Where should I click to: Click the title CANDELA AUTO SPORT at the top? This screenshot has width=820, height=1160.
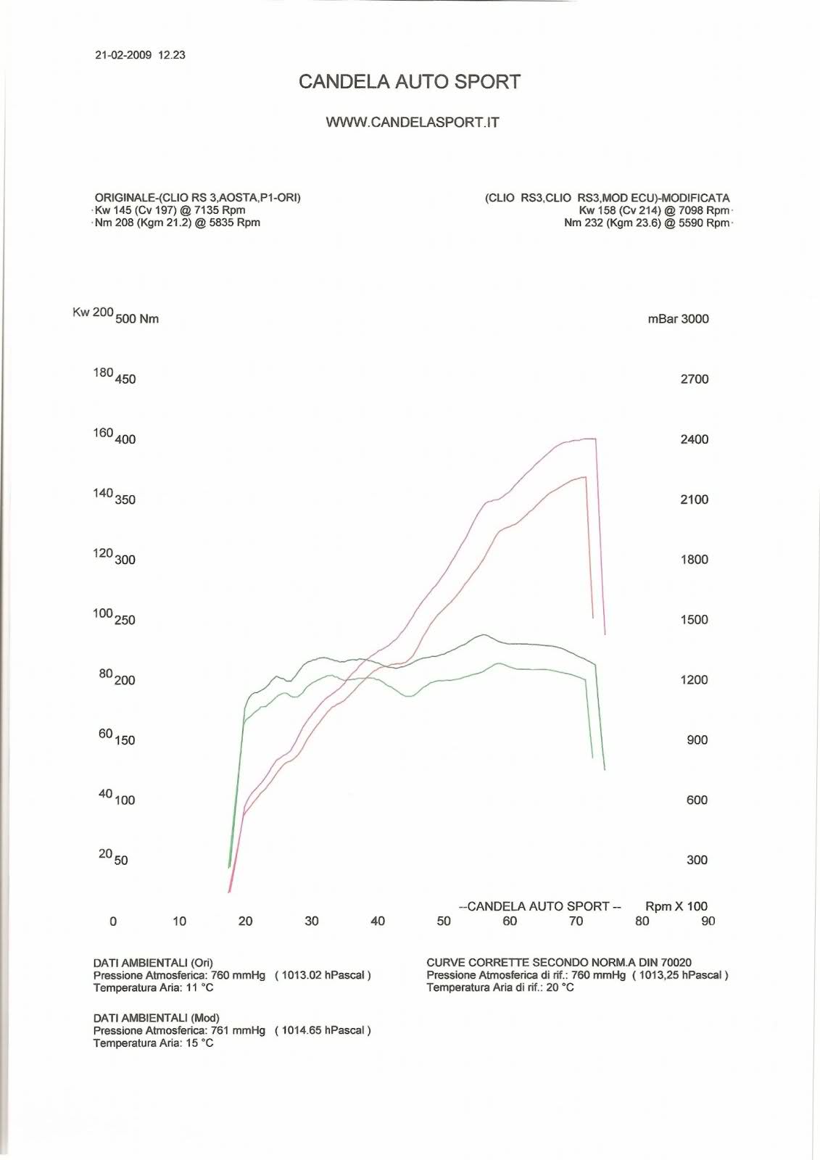[410, 82]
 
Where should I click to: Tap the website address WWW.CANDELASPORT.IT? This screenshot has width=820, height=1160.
[413, 123]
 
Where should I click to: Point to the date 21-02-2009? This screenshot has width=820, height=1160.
[123, 55]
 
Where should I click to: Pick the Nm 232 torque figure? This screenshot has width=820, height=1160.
[583, 223]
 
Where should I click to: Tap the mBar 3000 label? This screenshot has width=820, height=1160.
[678, 319]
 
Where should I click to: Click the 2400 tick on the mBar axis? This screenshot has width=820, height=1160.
[694, 439]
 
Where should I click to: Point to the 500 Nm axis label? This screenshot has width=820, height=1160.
[137, 319]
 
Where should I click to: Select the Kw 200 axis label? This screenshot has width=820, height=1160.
[93, 312]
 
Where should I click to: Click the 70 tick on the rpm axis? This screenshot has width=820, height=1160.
[576, 921]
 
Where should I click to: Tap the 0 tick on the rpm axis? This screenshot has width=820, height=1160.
[113, 921]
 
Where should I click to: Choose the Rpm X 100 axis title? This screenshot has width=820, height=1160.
[676, 906]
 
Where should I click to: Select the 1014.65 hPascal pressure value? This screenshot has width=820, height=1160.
[323, 1030]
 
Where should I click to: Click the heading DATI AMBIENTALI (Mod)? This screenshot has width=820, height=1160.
[156, 1018]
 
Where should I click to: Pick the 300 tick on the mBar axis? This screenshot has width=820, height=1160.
[697, 860]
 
